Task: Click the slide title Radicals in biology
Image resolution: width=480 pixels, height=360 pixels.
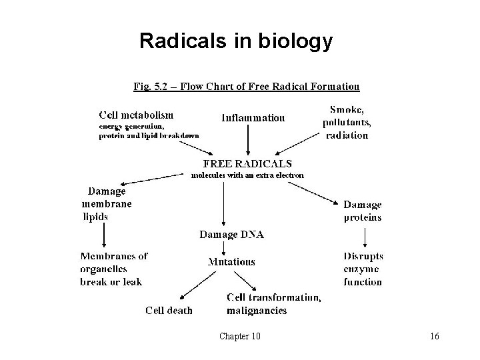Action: (235, 41)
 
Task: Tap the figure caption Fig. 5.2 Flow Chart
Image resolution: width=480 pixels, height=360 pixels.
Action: (247, 86)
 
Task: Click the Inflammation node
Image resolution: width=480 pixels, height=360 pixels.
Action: (253, 118)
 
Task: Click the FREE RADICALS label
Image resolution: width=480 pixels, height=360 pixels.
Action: (247, 163)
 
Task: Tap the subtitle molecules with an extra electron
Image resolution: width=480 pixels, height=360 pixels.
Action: (247, 175)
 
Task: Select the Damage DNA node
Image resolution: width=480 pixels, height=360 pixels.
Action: (232, 235)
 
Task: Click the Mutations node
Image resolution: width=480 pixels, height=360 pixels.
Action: (231, 262)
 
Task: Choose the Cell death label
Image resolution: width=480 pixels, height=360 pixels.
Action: (169, 310)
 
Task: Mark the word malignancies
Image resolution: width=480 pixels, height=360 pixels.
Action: (257, 310)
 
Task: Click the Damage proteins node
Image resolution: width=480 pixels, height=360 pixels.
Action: (363, 211)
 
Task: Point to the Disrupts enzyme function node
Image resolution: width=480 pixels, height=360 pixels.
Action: (363, 269)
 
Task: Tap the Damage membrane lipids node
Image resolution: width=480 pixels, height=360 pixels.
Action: (107, 203)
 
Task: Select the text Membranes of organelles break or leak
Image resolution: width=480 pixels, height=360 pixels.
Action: (114, 269)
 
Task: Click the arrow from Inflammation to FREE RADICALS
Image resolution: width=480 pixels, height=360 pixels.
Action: (248, 140)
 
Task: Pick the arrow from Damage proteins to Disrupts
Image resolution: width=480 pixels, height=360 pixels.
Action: (364, 237)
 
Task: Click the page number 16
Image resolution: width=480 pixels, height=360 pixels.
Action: (435, 336)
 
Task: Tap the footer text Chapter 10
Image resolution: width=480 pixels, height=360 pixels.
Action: (240, 336)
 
